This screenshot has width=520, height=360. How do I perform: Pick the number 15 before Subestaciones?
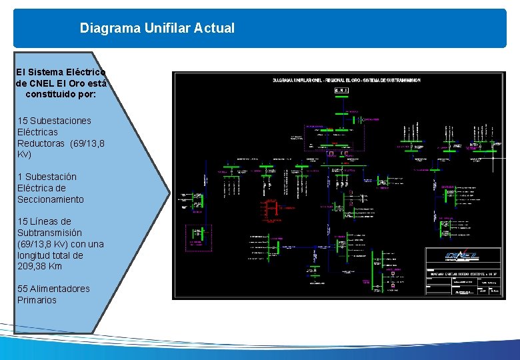(x=23, y=121)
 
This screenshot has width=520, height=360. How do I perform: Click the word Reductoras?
(x=41, y=143)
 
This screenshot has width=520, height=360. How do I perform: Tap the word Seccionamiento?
(x=51, y=199)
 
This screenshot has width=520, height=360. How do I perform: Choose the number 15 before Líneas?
(x=23, y=221)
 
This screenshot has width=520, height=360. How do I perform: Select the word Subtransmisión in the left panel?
(x=49, y=233)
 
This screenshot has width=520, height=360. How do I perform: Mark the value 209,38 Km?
(x=39, y=267)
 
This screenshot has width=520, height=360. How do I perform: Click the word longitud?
(x=37, y=255)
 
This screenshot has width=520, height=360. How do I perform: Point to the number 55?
(x=23, y=289)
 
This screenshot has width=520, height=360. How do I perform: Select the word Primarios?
(x=37, y=300)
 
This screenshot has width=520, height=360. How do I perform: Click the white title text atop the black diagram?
(x=347, y=81)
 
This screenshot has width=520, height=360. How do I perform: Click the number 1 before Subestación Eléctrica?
(x=20, y=177)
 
